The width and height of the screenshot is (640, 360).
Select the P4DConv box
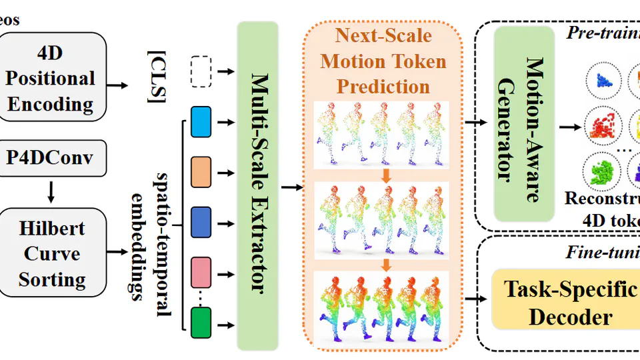53,158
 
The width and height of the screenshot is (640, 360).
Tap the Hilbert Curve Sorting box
53,254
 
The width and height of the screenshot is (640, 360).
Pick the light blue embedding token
200,123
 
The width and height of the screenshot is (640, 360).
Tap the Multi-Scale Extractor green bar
257,185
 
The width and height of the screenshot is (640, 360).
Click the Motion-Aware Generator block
524,123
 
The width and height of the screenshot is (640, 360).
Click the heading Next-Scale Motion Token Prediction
383,61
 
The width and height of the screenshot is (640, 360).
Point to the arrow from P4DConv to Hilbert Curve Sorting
53,192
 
